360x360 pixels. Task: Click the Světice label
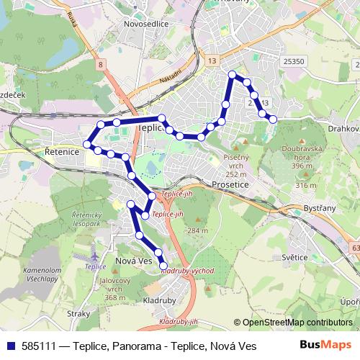[x=294, y=257]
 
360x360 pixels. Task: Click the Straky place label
[x=78, y=314]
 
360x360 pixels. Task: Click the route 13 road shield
[x=211, y=62]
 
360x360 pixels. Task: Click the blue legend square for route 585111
[x=11, y=346]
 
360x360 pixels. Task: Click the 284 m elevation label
[x=196, y=230]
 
